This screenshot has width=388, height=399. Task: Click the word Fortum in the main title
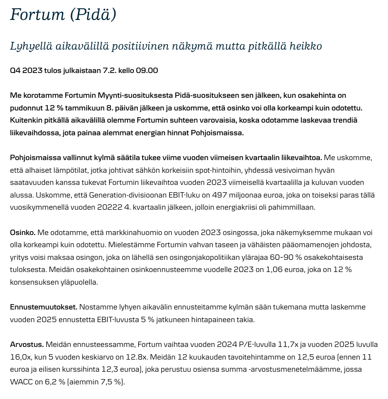pos(37,15)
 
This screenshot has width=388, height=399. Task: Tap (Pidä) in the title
pos(93,15)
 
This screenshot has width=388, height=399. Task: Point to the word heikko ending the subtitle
pos(304,46)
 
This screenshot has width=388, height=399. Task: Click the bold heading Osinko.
pos(22,233)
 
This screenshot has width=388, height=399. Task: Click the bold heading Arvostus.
pos(27,345)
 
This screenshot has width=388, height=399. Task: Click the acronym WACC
pos(21,382)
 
